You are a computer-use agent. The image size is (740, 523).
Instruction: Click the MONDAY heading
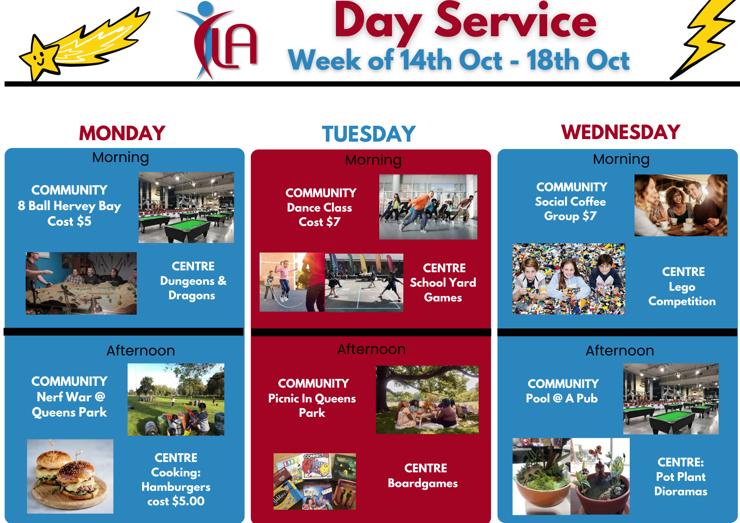pos(122,133)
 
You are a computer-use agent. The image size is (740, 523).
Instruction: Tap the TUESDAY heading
pos(369,134)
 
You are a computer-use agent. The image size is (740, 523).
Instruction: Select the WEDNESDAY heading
pos(621,132)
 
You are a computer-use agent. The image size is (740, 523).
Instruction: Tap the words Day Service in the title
pos(465,21)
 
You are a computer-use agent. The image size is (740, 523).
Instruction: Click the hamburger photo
pos(70,476)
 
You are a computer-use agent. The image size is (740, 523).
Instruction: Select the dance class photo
pos(428,207)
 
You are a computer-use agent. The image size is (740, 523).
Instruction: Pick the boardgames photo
pos(314,482)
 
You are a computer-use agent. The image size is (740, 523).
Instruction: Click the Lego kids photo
pos(569,279)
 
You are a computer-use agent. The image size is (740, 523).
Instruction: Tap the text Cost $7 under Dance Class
pos(319,222)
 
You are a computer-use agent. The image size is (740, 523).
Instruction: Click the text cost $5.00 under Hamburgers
pos(176,501)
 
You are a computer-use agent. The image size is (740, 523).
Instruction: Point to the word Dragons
pos(192,296)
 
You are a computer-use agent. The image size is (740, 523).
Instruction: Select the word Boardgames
pos(423,483)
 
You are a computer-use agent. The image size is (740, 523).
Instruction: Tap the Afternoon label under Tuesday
pos(371,349)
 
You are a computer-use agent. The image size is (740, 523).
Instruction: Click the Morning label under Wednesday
pos(621,159)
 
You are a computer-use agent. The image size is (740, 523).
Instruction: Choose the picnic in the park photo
pos(427,400)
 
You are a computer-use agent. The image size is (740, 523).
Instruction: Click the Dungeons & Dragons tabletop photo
pos(81,283)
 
